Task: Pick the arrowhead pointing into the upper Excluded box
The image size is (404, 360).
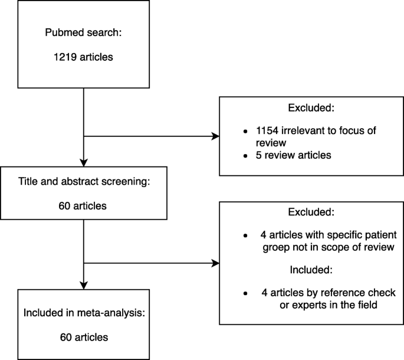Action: pyautogui.click(x=215, y=137)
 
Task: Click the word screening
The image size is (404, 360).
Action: pyautogui.click(x=124, y=182)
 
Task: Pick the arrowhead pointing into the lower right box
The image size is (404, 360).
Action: pyautogui.click(x=215, y=263)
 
